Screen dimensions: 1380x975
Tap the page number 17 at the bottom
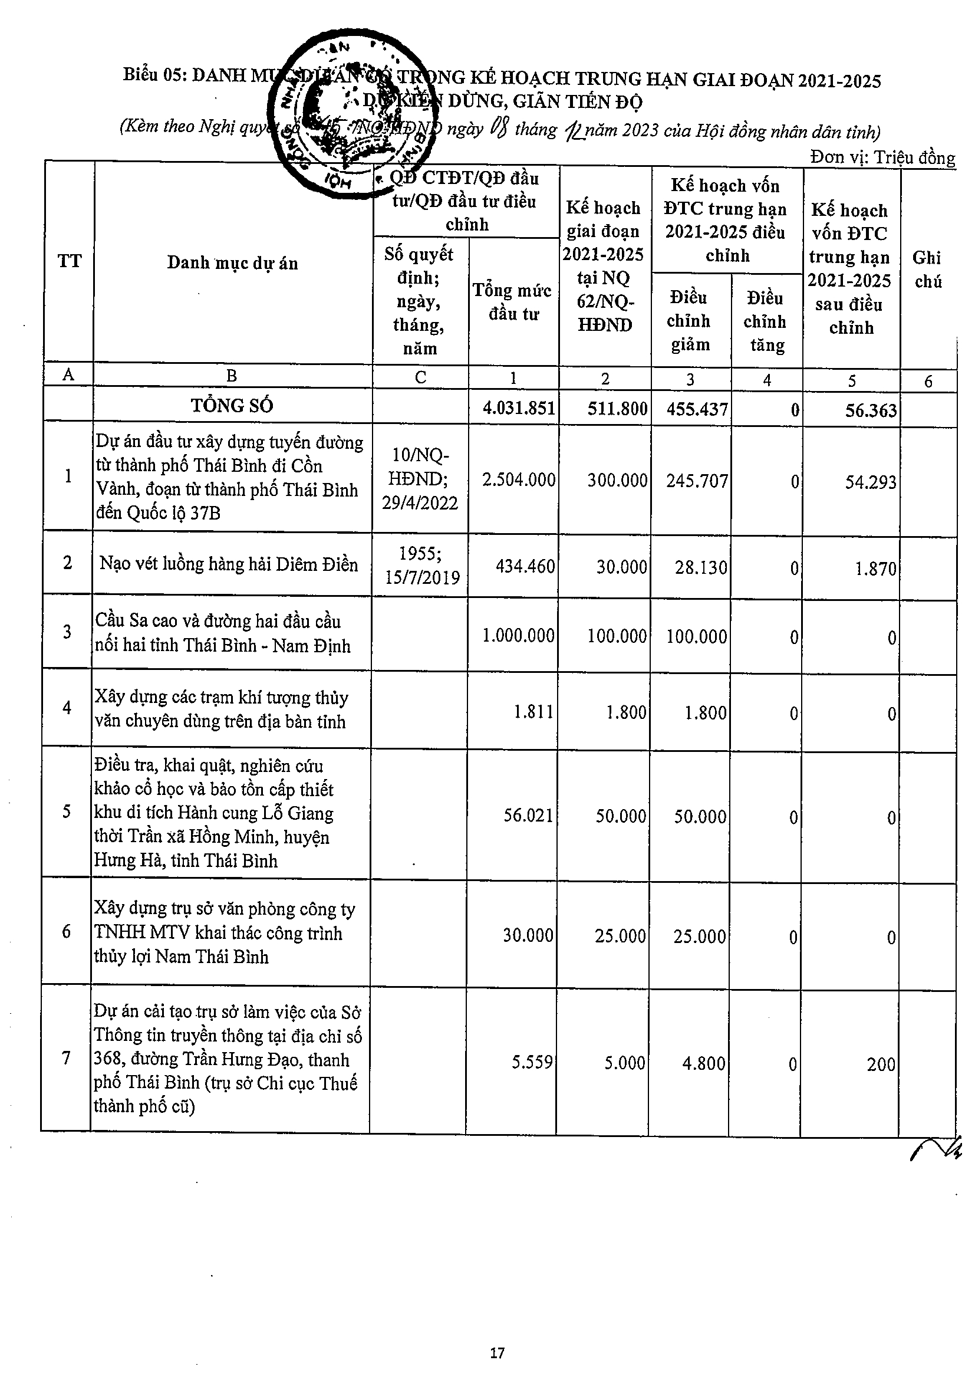(497, 1353)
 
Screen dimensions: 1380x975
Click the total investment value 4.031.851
(519, 409)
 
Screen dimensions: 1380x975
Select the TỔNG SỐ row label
(232, 406)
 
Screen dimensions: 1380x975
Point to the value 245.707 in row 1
(697, 481)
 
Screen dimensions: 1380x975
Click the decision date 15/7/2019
(422, 577)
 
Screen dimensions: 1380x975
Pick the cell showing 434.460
(525, 566)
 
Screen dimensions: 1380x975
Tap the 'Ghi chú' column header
(927, 270)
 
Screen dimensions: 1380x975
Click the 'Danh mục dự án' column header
(232, 262)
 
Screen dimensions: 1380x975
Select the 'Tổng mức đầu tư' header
(512, 302)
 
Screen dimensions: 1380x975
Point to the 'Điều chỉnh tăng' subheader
(765, 321)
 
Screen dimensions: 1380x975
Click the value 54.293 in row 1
(871, 482)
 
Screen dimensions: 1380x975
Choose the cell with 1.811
(533, 712)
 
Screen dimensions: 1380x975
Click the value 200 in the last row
(881, 1064)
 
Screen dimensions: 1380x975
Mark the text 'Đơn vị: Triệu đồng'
(882, 157)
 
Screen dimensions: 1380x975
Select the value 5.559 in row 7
(532, 1063)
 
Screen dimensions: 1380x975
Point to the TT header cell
(69, 261)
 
